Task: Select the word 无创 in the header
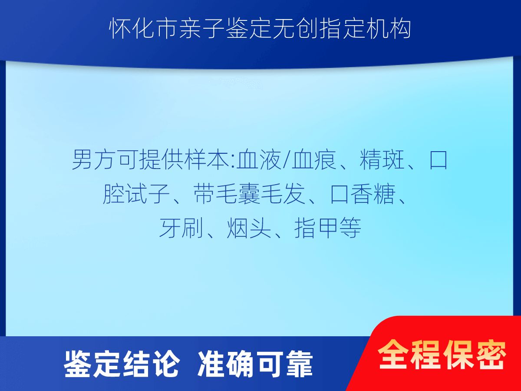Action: (x=295, y=29)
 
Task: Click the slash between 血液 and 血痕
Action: (x=287, y=160)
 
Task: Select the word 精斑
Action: (x=382, y=160)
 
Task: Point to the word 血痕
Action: (x=314, y=160)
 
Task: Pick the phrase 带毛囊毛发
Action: (x=249, y=194)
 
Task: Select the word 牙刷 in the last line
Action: (x=181, y=228)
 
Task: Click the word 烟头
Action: (x=249, y=228)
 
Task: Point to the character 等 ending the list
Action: (x=350, y=228)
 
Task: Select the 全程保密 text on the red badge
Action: (x=442, y=355)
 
